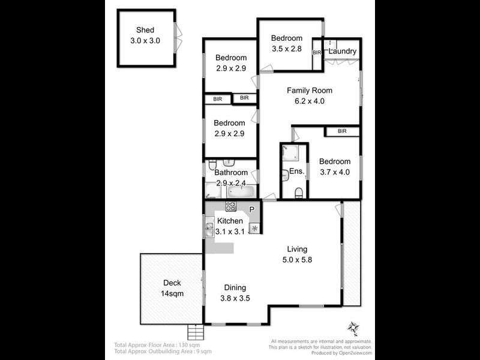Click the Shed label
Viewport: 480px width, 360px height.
click(145, 30)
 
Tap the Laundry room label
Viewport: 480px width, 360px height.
click(342, 52)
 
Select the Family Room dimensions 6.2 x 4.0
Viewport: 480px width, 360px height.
click(309, 101)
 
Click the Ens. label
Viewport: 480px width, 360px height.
click(297, 172)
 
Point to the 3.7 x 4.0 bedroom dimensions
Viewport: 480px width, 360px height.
click(334, 172)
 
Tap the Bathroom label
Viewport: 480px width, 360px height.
click(231, 172)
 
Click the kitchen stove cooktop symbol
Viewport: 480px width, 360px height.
click(231, 206)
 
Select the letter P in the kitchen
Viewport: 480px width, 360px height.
click(252, 209)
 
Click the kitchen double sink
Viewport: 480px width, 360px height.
click(209, 228)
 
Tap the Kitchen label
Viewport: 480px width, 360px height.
click(230, 221)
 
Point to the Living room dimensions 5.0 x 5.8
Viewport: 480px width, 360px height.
click(297, 260)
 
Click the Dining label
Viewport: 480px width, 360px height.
click(235, 287)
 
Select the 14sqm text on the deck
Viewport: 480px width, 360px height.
click(172, 293)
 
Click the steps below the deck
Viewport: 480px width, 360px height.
click(196, 331)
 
